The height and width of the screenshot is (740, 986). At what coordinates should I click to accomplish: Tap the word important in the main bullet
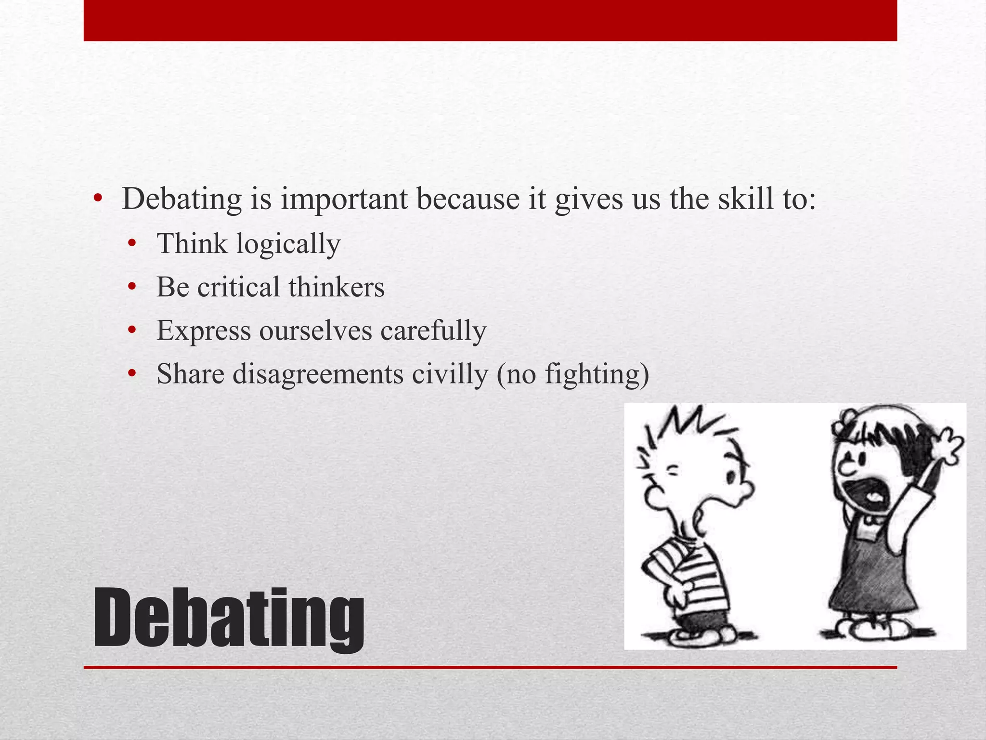pos(344,198)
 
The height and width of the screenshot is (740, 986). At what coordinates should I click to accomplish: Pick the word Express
pos(204,331)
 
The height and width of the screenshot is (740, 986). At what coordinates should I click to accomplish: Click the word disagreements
pos(318,374)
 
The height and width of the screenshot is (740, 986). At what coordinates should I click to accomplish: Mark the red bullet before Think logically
pos(132,244)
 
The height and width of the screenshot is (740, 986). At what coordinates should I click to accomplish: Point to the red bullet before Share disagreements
pos(132,374)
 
